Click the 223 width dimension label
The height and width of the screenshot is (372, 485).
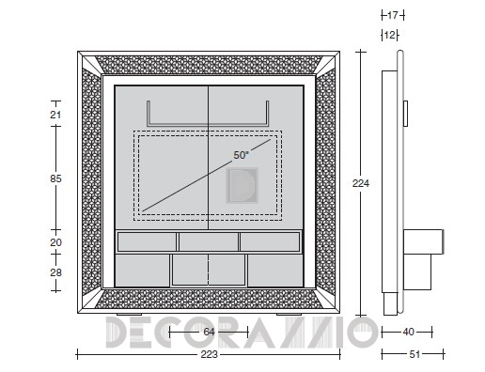209,354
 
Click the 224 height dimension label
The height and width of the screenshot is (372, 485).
361,183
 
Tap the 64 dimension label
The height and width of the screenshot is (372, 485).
209,332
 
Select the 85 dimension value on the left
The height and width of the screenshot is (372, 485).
55,178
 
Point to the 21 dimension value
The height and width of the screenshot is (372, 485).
55,115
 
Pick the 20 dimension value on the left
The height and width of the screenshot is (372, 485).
55,242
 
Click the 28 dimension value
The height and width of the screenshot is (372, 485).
55,272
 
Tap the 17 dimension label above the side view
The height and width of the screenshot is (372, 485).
392,15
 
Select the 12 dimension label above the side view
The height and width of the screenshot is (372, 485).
389,35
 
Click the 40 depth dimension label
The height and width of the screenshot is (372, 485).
408,332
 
